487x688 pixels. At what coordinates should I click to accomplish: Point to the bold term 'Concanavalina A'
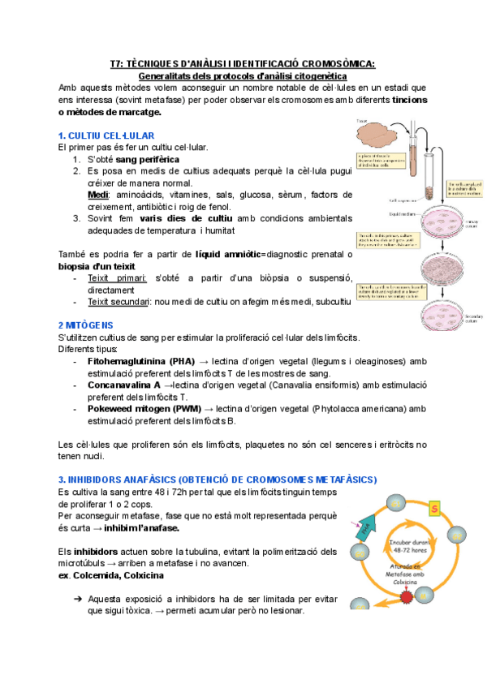(x=122, y=385)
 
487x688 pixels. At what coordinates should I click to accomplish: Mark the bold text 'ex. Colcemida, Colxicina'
(x=111, y=575)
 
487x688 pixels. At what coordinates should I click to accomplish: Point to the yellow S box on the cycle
(x=434, y=509)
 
